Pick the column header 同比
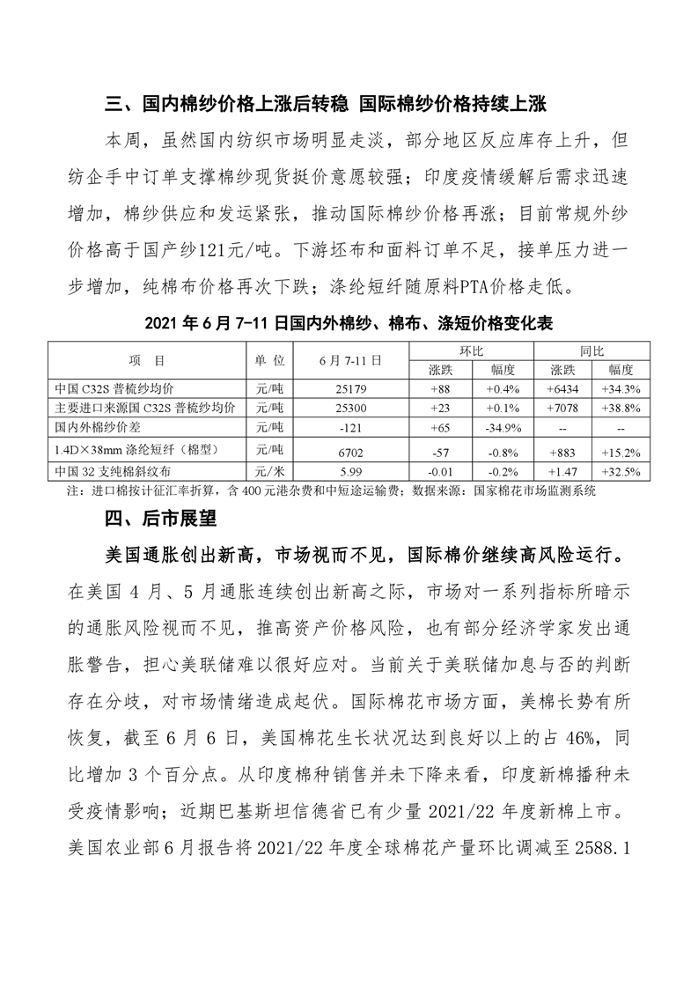[591, 350]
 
